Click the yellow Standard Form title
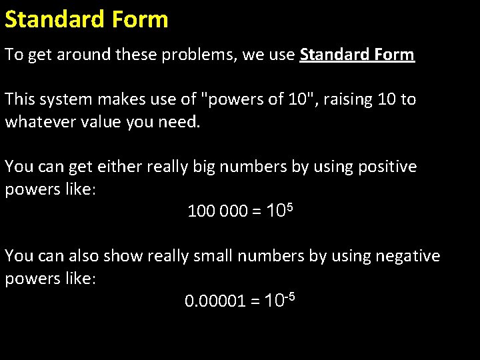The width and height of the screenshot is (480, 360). tap(87, 19)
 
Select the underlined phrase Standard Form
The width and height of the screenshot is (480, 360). tap(357, 55)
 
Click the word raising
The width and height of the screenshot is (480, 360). tap(347, 99)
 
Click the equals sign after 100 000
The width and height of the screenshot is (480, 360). tap(257, 212)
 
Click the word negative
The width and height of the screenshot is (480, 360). tap(407, 256)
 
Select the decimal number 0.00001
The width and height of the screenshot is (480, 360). tap(213, 301)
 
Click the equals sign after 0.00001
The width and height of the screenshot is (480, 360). tap(255, 301)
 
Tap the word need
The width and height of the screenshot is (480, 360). tap(179, 122)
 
